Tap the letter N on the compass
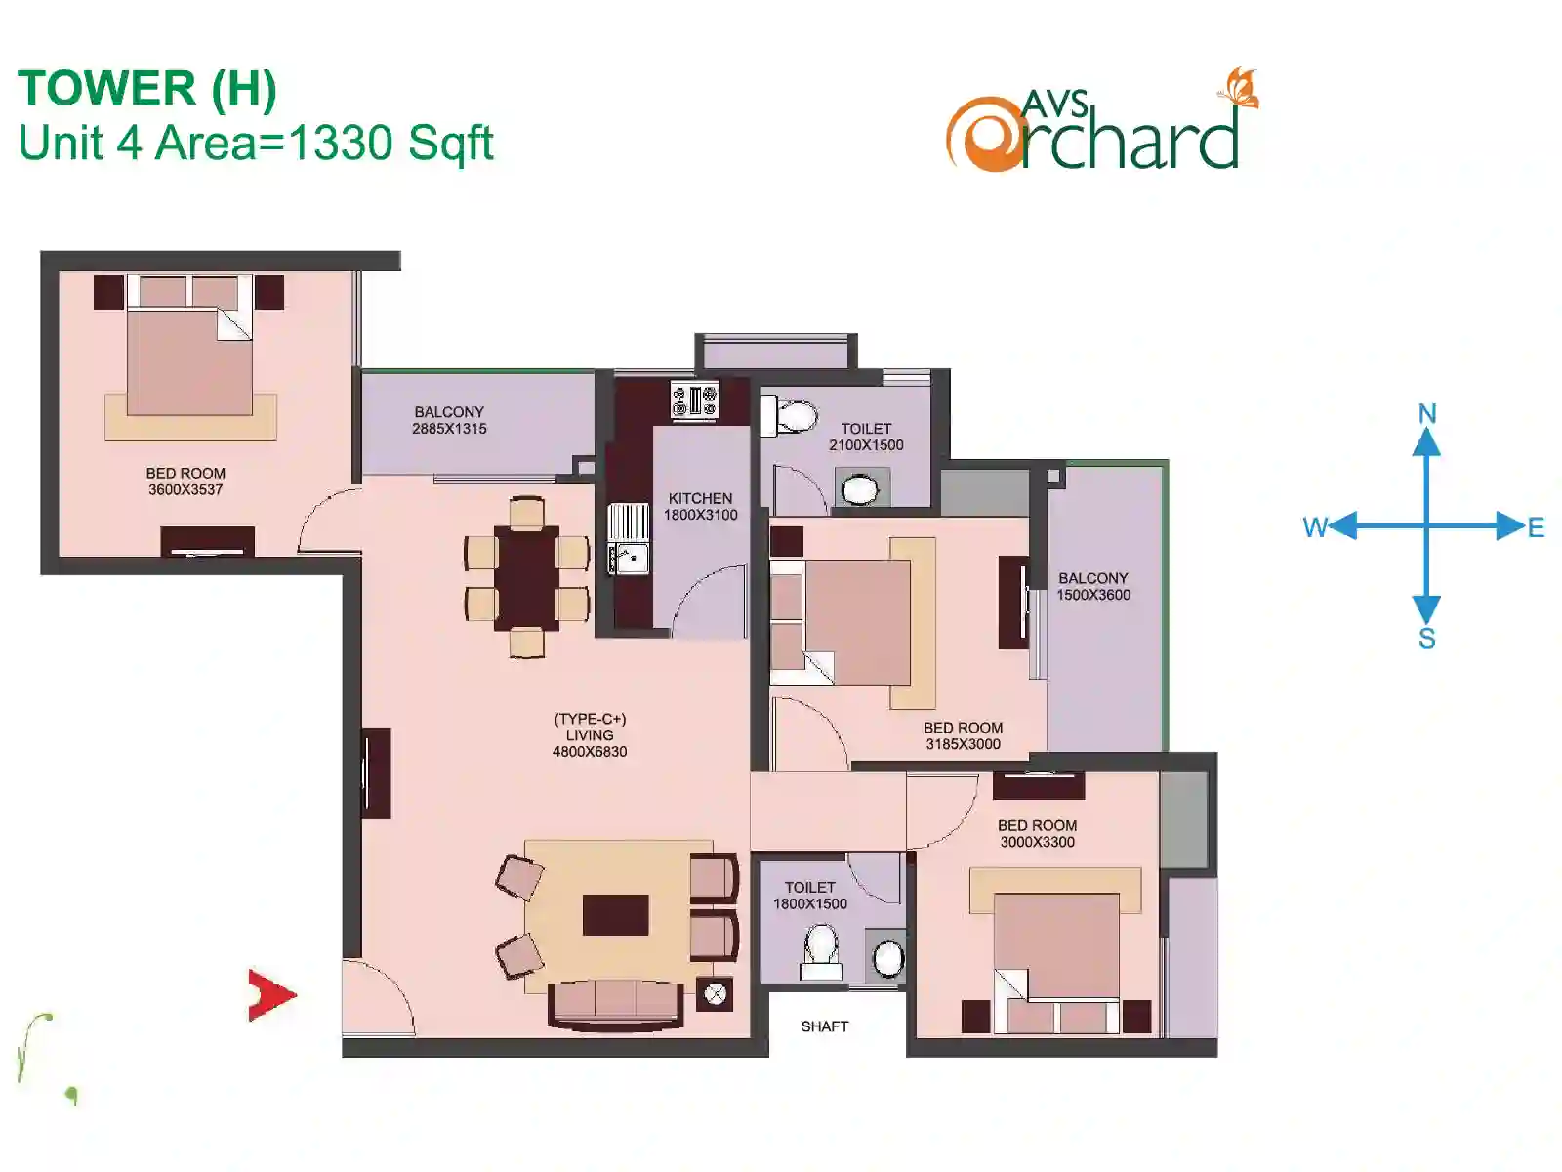[1427, 414]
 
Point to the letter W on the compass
[1316, 527]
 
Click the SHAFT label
[824, 1026]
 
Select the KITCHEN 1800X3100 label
[700, 507]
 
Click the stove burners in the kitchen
[694, 399]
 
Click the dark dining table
[526, 578]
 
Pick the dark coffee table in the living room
[616, 915]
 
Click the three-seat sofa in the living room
[616, 1005]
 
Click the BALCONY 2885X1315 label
[449, 420]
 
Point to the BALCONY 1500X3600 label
[1093, 586]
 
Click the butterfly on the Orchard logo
[1239, 88]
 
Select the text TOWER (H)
[147, 89]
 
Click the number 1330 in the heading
[341, 143]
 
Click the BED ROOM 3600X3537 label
[185, 481]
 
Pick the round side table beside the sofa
[715, 993]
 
